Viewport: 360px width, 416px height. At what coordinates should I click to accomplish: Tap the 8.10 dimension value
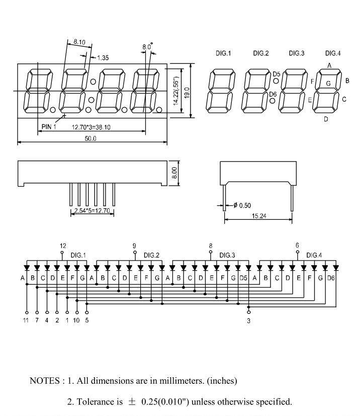coord(79,42)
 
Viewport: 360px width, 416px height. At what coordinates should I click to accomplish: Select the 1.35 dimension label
coord(103,58)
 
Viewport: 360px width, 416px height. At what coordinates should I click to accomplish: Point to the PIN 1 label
coord(48,127)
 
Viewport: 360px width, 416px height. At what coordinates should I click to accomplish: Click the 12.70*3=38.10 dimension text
coord(91,127)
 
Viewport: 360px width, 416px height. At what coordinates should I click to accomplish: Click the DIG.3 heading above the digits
coord(297,53)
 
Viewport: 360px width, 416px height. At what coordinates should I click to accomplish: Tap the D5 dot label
coord(277,74)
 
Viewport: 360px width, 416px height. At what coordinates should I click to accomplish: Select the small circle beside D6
coord(273,101)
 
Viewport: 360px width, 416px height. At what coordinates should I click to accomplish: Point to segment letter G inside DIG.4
coord(328,84)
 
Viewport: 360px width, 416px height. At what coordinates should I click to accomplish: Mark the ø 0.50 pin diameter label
coord(242,205)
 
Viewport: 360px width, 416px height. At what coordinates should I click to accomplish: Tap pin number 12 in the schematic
coord(63,246)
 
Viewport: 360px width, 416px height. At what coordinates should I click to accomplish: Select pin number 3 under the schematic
coord(248,320)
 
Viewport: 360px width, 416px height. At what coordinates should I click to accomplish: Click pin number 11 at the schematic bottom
coord(26,320)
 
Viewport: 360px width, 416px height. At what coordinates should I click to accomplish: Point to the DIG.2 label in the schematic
coord(151,256)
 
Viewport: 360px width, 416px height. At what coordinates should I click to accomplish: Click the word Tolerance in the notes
coord(95,402)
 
